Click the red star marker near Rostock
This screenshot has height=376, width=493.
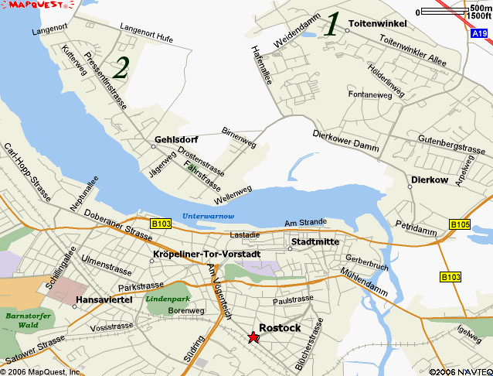coord(253,337)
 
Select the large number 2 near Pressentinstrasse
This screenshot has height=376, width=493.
coord(121,68)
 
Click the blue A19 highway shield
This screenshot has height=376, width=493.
coord(479,34)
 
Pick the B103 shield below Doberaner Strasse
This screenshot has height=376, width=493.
coord(161,224)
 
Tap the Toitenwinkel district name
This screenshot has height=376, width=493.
coord(378,24)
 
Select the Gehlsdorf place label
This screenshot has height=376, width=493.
coord(176,139)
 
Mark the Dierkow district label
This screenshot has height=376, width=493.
coord(430,179)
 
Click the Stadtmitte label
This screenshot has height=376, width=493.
coord(314,242)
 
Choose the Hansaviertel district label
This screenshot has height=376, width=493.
coord(106,299)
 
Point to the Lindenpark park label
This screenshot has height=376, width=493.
coord(168,298)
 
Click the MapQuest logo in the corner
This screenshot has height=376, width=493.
coord(38,5)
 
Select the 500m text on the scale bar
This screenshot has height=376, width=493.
coord(479,8)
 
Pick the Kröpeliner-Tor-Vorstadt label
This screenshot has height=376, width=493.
coord(207,254)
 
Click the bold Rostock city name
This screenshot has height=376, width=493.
coord(280,327)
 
